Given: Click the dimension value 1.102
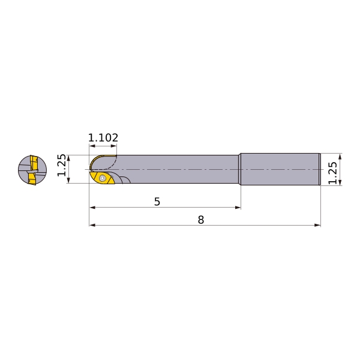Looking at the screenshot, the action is coord(103,137).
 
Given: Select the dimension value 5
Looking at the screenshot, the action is coord(157,202).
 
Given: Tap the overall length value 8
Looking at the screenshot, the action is coord(201,220).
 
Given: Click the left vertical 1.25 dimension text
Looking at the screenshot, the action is coord(62,166).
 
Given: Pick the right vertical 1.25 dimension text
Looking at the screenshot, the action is coord(332,173).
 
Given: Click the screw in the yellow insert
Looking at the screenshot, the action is coord(102,178).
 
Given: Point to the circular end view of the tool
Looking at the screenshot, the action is coord(32,170).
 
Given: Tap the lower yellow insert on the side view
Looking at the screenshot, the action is coord(103,178).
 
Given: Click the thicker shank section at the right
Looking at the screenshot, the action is coord(280,169).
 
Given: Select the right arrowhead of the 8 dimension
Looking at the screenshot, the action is coord(317,225).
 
